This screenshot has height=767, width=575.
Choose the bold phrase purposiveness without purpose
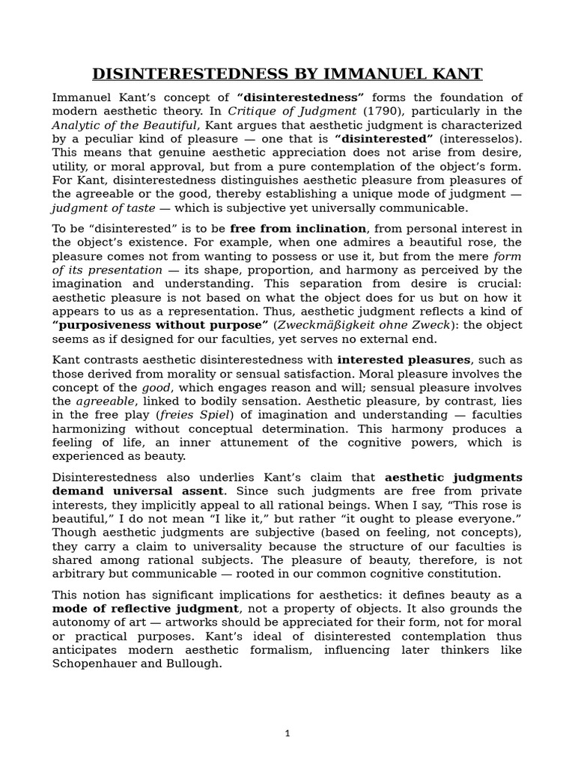click(x=160, y=324)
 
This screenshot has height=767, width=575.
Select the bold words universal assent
click(x=159, y=491)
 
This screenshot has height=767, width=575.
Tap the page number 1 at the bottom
click(x=287, y=733)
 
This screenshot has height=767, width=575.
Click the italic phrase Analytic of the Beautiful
click(x=124, y=125)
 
